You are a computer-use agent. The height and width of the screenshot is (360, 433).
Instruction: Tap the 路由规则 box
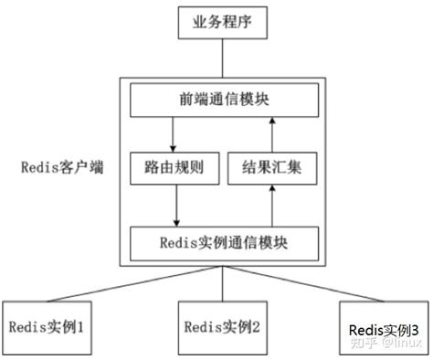[170, 170]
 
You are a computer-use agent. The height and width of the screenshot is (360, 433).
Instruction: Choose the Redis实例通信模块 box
[225, 242]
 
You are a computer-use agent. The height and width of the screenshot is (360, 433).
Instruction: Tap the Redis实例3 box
[384, 328]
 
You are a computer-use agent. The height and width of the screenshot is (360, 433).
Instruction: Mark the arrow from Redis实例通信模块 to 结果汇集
[274, 206]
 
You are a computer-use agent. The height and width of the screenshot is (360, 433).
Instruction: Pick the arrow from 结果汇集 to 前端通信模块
[274, 134]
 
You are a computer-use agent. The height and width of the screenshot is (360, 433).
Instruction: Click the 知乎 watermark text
[364, 343]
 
